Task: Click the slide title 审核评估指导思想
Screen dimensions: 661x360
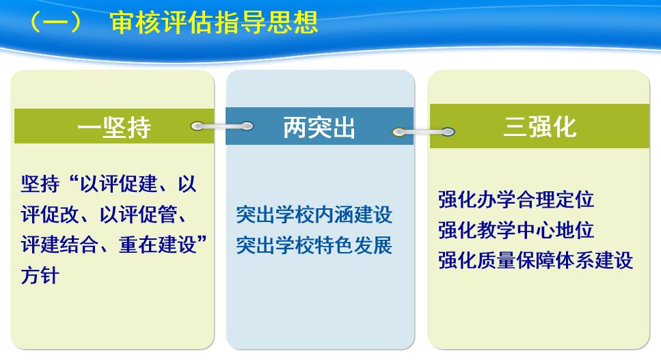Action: (214, 22)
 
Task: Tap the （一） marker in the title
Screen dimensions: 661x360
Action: (56, 22)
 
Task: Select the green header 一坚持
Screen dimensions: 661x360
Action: (114, 126)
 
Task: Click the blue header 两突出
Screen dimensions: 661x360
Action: (319, 127)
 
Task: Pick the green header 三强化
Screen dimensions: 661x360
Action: (539, 126)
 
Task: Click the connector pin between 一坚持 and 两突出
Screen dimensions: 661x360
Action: (221, 126)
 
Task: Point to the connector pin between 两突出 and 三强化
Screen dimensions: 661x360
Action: (423, 133)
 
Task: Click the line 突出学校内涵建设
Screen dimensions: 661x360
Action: (314, 214)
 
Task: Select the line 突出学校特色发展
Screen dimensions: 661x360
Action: (314, 245)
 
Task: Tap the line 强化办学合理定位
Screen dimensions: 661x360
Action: (516, 199)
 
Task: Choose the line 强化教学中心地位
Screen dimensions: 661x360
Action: (516, 230)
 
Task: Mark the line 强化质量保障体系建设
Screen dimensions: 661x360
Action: (535, 260)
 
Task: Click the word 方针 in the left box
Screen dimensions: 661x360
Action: (40, 275)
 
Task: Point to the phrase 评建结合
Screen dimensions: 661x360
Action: (59, 245)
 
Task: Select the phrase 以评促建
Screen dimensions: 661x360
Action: (119, 184)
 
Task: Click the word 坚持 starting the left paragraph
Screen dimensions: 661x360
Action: (40, 184)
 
